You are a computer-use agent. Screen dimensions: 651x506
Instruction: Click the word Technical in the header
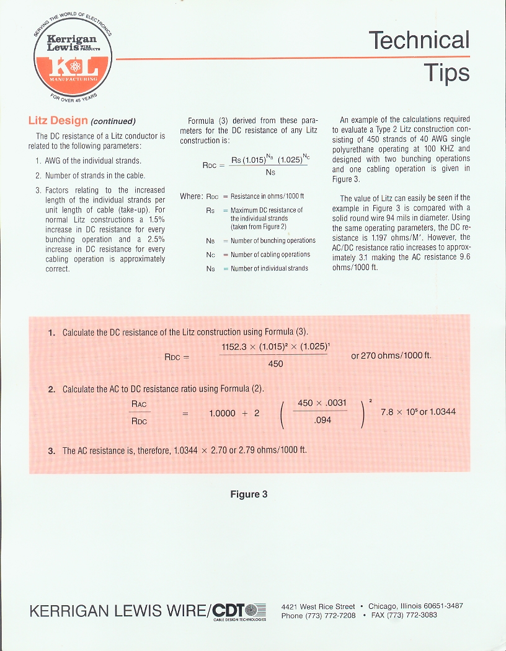[419, 40]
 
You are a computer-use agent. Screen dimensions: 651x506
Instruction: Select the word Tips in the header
[446, 72]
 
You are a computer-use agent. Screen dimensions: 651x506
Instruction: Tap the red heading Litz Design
[58, 120]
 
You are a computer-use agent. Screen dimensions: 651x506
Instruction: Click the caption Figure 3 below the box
[249, 494]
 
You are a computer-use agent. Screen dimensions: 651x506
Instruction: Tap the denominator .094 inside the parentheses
[322, 420]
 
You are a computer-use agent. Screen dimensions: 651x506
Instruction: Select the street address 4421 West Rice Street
[318, 606]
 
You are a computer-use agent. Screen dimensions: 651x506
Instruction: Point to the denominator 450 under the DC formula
[275, 364]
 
